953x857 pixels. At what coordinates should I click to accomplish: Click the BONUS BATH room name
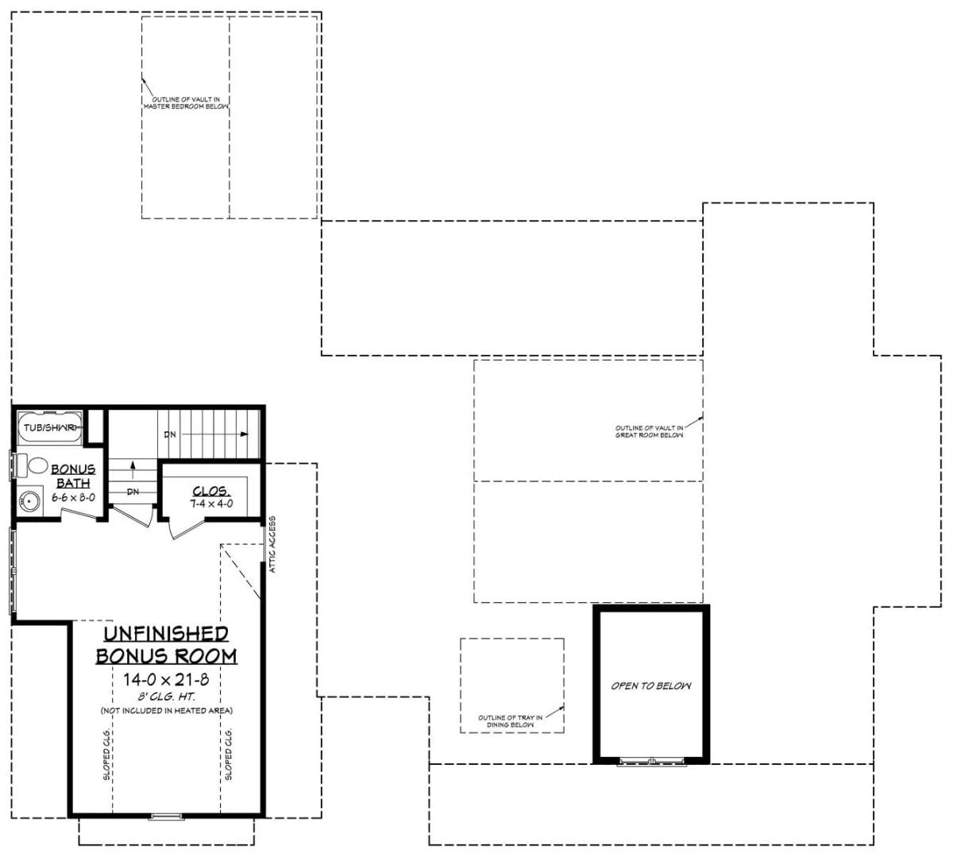73,477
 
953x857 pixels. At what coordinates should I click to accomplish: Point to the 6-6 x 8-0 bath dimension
73,497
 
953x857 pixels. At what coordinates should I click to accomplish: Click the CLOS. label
211,491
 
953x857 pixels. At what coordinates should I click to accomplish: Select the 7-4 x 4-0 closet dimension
211,504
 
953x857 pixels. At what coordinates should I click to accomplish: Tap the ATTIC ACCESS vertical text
272,545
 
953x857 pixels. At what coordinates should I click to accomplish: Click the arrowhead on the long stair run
245,434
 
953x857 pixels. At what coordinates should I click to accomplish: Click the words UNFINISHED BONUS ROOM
166,644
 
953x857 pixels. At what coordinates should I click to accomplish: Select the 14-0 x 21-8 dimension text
166,679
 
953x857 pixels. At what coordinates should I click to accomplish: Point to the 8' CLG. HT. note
166,697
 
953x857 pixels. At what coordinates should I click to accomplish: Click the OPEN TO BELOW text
650,685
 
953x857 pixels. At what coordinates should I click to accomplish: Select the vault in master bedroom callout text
186,102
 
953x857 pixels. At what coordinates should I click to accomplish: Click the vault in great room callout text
649,431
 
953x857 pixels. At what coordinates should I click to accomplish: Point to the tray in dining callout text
510,721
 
